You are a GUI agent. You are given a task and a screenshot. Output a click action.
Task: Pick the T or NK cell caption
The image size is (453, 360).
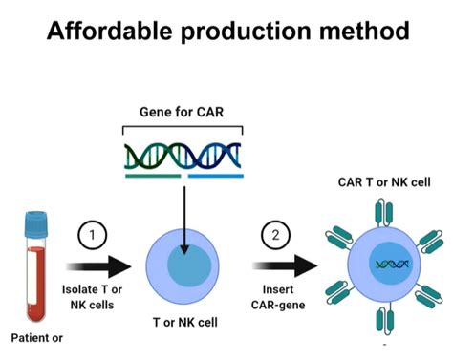[x=183, y=324]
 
